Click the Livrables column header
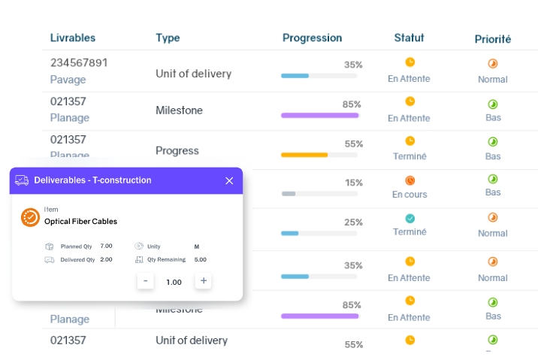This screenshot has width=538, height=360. tap(73, 38)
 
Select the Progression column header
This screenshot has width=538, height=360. tap(312, 38)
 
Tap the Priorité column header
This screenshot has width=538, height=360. tap(493, 38)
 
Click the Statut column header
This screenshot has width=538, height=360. tap(409, 38)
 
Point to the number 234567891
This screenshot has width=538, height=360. tap(79, 62)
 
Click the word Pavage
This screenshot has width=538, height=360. tap(68, 79)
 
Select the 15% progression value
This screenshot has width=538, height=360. tap(353, 183)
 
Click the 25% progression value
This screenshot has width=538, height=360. tap(353, 222)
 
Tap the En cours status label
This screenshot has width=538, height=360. tap(410, 194)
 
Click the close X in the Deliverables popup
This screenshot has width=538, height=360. tap(229, 180)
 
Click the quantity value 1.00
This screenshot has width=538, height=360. tap(174, 282)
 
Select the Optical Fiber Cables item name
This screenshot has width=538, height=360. tap(80, 222)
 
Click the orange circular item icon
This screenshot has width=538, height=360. tap(30, 217)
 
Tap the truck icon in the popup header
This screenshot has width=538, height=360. tap(22, 180)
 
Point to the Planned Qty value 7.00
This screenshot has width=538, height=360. tap(106, 246)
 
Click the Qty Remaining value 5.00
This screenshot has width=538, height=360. tap(201, 259)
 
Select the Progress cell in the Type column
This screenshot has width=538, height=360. tap(177, 150)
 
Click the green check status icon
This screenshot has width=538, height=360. tap(410, 219)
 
